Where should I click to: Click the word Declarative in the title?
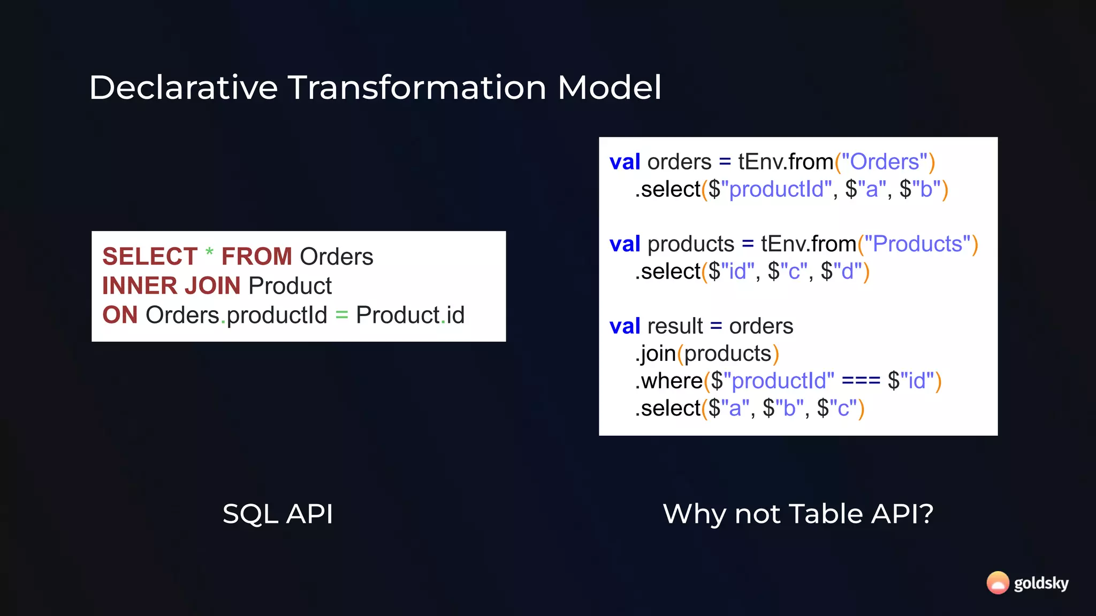[183, 88]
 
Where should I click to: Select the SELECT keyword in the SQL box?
[150, 257]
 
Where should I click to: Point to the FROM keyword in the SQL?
[256, 257]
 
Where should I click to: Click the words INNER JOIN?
[171, 286]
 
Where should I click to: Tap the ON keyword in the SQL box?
[120, 315]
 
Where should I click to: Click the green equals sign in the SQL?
[341, 315]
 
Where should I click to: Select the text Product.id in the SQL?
[410, 315]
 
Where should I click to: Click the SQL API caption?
[278, 514]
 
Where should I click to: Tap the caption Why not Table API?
[798, 514]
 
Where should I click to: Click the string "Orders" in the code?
[885, 162]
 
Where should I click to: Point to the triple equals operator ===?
[861, 381]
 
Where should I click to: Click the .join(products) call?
[706, 353]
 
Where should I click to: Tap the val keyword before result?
[625, 326]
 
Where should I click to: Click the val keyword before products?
[625, 244]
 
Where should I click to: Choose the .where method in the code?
[669, 381]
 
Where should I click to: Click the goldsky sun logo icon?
[998, 583]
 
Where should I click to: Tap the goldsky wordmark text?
[1041, 583]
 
